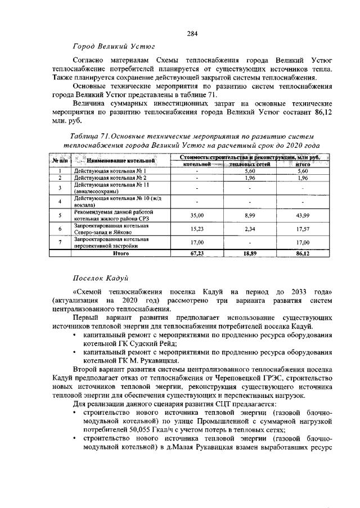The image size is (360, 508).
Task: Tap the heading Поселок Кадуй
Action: point(102,278)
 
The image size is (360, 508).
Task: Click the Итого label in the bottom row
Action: point(121,253)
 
